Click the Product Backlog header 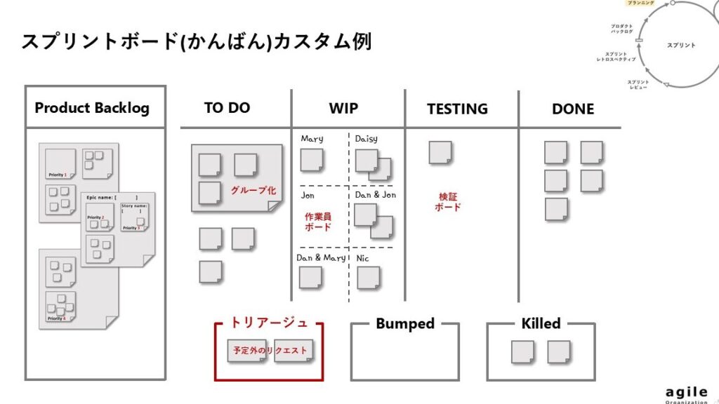92,108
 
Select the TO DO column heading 227,108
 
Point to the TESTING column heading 457,109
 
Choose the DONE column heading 573,109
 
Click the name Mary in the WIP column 312,139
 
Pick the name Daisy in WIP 367,139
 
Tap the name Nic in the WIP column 362,258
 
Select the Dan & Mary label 321,258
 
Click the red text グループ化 253,190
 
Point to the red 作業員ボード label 318,222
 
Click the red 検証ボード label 448,202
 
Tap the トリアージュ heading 269,323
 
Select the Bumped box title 405,324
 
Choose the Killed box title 541,324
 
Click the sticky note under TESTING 440,152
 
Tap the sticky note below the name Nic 368,278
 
